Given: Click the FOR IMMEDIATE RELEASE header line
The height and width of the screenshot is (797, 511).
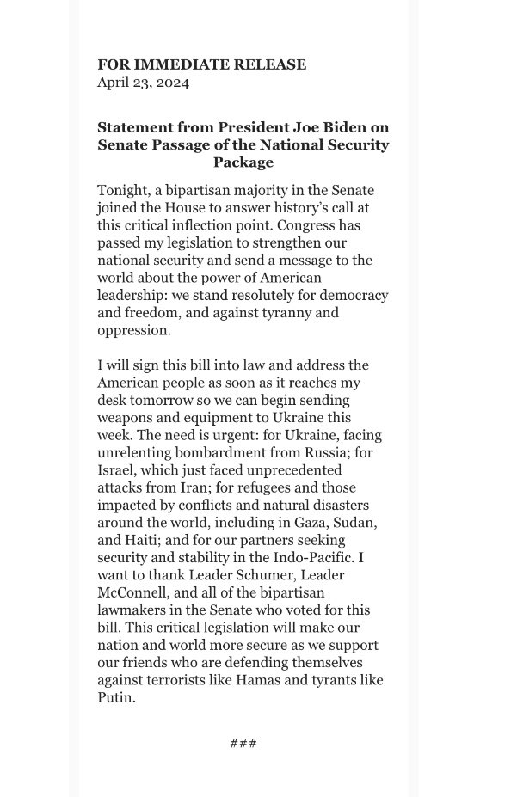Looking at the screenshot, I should [x=201, y=64].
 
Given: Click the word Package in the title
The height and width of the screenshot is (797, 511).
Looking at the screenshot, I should [x=243, y=162].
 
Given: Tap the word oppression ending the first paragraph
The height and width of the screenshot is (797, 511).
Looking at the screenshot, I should [x=134, y=330].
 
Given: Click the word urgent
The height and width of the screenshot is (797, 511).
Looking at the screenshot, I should [x=249, y=435].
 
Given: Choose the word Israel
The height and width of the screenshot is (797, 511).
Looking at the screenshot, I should [x=117, y=470].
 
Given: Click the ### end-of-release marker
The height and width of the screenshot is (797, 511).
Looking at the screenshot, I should [x=243, y=743].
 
